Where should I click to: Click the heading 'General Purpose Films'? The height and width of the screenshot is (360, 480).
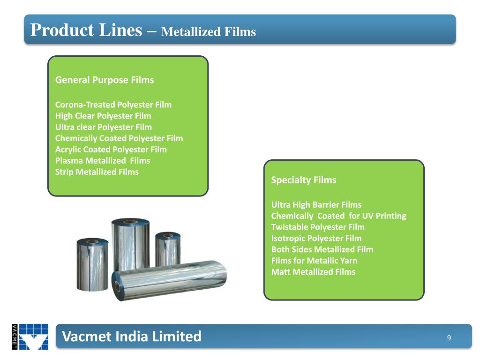pos(105,80)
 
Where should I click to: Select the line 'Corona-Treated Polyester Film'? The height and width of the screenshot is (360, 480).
pos(113,105)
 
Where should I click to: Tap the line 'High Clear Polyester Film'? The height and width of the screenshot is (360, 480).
pos(103,116)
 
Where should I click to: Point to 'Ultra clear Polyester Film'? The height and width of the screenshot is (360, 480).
pos(104,127)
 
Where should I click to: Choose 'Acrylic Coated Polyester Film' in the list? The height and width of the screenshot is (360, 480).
pos(111,150)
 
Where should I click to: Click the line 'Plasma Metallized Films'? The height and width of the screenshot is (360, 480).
pos(103,161)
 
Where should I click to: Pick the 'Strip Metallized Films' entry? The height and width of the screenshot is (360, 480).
pos(97,172)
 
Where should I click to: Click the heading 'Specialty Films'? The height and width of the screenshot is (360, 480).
pos(304,180)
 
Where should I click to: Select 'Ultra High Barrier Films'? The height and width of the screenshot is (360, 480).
pos(316,205)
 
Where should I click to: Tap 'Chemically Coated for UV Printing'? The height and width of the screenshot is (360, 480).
pos(338,216)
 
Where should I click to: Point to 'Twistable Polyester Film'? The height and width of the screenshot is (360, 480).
pos(318,227)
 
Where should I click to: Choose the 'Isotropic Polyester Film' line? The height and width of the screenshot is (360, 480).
pos(316,239)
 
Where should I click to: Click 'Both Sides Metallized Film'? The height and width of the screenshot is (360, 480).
pos(322,250)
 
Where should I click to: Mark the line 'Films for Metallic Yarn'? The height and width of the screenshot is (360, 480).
pos(314,261)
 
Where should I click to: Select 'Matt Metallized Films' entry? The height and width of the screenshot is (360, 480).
pos(313,272)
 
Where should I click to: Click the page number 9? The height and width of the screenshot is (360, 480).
pos(449,338)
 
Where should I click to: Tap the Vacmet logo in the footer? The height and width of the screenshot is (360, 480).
pos(30,337)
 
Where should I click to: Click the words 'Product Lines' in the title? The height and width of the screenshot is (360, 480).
pos(86,30)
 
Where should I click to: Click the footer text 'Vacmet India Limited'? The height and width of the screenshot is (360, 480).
pos(132,336)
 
